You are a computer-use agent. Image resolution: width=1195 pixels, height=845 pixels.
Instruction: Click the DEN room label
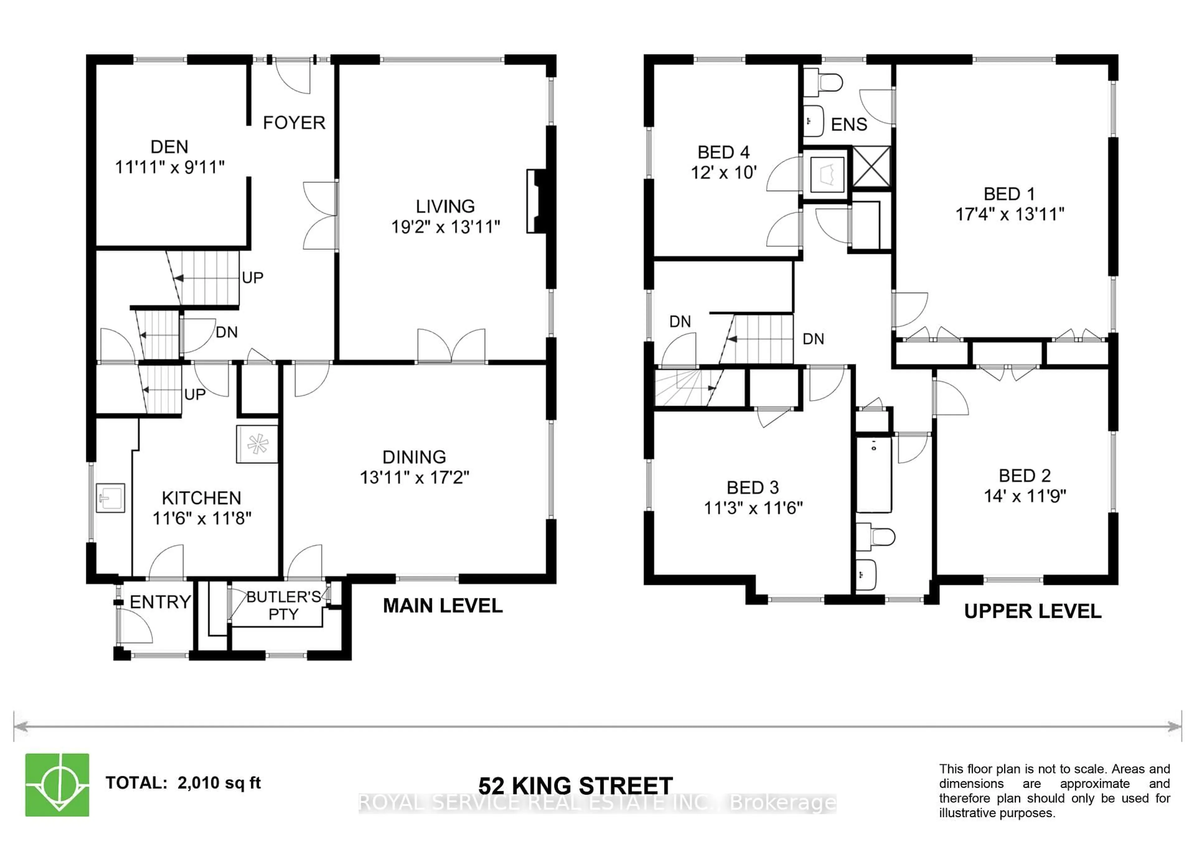click(169, 147)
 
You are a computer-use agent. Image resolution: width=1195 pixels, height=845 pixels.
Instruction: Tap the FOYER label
click(294, 123)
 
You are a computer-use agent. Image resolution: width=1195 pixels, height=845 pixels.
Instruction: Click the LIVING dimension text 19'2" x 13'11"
click(446, 227)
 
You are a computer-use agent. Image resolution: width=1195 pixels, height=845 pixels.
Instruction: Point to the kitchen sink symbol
click(110, 498)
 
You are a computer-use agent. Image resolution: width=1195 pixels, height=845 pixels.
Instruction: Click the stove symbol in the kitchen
click(257, 444)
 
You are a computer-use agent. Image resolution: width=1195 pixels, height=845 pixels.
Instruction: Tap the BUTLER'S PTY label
click(283, 605)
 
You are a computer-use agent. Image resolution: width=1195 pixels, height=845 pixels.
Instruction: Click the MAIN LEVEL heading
click(443, 606)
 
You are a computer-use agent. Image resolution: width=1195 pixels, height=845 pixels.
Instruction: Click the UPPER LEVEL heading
click(1033, 611)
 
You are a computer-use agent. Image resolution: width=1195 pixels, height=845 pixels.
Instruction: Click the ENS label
click(849, 124)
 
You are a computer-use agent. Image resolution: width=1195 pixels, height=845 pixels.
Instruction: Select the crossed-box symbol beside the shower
click(872, 166)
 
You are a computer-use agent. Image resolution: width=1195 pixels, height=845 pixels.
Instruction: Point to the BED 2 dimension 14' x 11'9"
click(1025, 496)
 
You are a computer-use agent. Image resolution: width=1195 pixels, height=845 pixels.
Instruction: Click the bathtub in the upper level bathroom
click(874, 474)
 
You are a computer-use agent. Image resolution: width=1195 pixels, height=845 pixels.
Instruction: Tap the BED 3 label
click(752, 488)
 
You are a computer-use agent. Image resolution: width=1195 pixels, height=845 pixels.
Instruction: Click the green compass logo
click(57, 785)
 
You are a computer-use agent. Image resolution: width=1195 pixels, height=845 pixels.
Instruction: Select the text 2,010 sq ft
click(219, 782)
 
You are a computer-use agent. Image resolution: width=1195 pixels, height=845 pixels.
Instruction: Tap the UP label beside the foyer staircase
click(253, 278)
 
